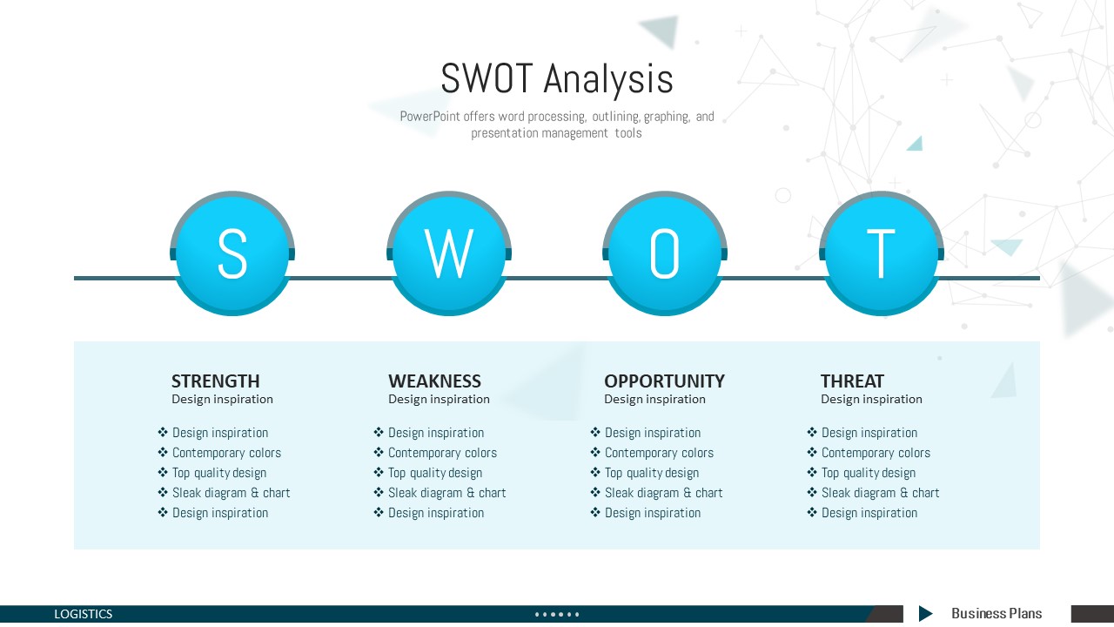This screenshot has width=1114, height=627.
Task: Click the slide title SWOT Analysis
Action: tap(557, 78)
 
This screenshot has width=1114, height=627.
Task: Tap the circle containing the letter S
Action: tap(232, 253)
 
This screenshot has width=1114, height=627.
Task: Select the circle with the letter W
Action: tap(449, 253)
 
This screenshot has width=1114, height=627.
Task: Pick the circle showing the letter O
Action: tap(665, 253)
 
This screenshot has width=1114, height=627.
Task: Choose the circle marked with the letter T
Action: tap(882, 253)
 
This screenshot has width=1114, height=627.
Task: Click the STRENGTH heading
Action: tap(215, 381)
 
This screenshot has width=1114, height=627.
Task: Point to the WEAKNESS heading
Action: tap(434, 381)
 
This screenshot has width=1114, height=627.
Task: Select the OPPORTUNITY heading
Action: tap(664, 381)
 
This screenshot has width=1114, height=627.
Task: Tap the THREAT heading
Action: tap(852, 381)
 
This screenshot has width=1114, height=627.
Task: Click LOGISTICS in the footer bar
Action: tap(83, 614)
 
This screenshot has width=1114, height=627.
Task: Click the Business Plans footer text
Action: tap(997, 614)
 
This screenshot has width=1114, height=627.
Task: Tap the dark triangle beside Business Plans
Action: tap(925, 614)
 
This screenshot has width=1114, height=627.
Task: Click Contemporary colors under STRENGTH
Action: tap(226, 453)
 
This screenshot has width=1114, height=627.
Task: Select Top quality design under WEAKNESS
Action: tap(435, 473)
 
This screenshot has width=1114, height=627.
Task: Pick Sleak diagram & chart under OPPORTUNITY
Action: tap(663, 493)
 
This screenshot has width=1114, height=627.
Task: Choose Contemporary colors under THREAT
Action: tap(876, 453)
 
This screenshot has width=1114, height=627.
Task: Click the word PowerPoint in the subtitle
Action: tap(430, 117)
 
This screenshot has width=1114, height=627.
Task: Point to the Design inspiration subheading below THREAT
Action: tap(871, 399)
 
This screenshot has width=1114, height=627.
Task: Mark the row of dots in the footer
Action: tap(557, 615)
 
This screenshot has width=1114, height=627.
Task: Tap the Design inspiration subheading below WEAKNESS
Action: tap(440, 399)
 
